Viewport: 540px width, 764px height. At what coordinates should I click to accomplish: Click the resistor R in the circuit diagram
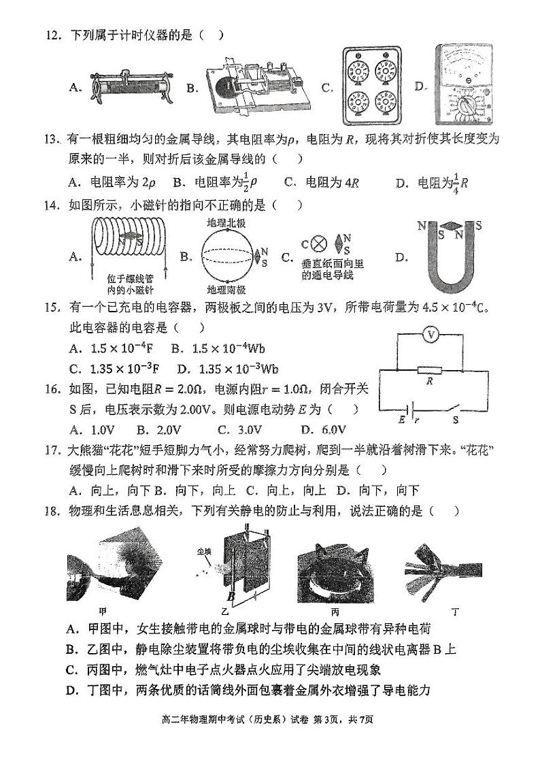coord(430,371)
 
